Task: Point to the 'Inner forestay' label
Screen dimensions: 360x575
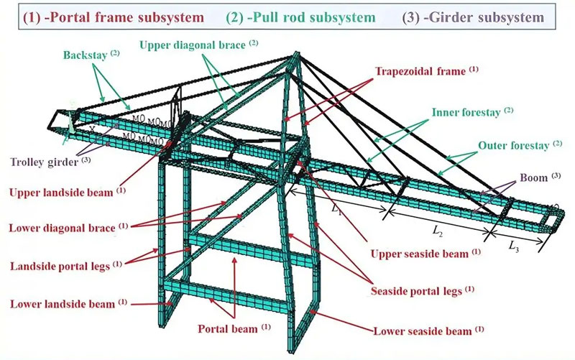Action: [466, 113]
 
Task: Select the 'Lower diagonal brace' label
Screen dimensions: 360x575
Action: [63, 229]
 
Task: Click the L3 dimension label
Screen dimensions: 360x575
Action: [514, 246]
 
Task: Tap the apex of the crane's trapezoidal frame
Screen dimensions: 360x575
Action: [295, 56]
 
